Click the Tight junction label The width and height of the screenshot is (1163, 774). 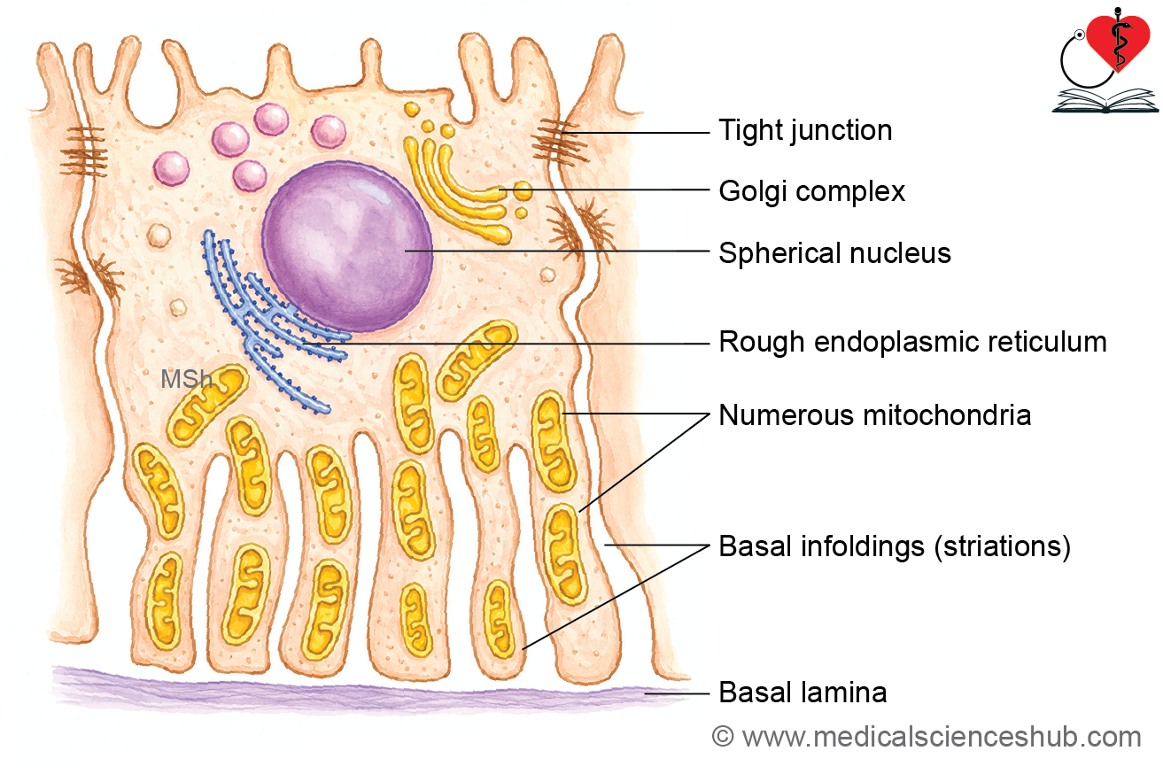(x=805, y=131)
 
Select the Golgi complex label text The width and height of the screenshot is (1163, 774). (x=811, y=192)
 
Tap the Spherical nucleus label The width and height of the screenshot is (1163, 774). (x=834, y=253)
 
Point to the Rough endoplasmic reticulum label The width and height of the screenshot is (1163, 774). (x=912, y=342)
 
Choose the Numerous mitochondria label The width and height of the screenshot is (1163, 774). (x=875, y=415)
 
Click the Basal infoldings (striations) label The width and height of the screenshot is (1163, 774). (x=895, y=546)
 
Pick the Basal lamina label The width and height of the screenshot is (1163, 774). (x=802, y=692)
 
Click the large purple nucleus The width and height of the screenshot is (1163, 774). (x=347, y=246)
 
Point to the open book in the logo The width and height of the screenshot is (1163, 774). (x=1105, y=101)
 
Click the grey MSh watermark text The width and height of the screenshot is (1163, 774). (x=186, y=379)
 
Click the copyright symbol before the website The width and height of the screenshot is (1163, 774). (x=723, y=737)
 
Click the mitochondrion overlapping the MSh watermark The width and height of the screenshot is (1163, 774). (x=206, y=405)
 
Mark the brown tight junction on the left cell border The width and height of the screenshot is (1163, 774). (x=83, y=151)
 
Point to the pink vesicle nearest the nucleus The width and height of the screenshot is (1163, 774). (x=250, y=175)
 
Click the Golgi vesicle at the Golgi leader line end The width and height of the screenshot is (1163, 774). (x=523, y=190)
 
